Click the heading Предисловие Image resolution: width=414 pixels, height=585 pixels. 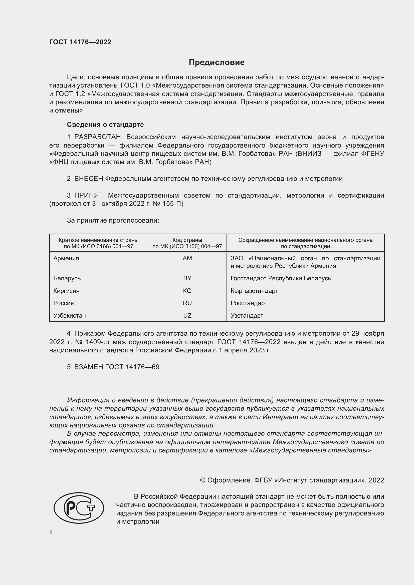pyautogui.click(x=217, y=63)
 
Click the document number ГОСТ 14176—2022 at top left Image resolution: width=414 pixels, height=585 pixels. pyautogui.click(x=80, y=42)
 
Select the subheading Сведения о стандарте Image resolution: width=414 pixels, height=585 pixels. pyautogui.click(x=105, y=125)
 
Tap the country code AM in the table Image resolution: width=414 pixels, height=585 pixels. pyautogui.click(x=187, y=258)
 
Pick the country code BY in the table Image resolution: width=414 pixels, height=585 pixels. pyautogui.click(x=187, y=278)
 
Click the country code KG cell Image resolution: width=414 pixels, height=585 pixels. pyautogui.click(x=187, y=291)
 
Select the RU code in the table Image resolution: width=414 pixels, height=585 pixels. pyautogui.click(x=187, y=303)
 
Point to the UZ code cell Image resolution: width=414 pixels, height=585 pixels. pyautogui.click(x=187, y=315)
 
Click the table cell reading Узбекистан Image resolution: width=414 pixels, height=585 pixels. pyautogui.click(x=70, y=315)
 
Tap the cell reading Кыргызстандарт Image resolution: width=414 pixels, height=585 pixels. pyautogui.click(x=254, y=291)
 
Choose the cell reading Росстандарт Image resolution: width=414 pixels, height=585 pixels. pyautogui.click(x=249, y=303)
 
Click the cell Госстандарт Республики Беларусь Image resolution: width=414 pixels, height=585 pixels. pyautogui.click(x=281, y=278)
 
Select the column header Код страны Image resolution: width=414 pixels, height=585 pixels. pyautogui.click(x=187, y=240)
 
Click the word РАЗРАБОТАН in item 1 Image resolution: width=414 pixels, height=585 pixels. pyautogui.click(x=97, y=137)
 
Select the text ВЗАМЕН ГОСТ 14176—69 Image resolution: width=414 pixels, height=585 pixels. pyautogui.click(x=116, y=367)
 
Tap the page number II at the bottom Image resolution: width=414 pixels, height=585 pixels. pyautogui.click(x=51, y=532)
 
